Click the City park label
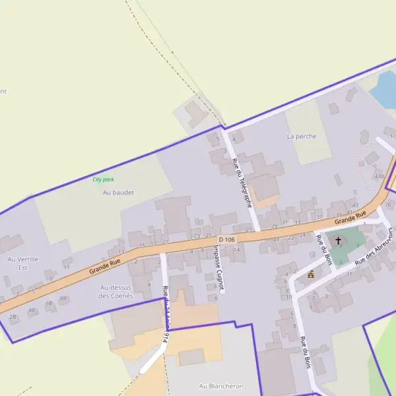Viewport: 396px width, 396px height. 104,180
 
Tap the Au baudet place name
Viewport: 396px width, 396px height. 118,193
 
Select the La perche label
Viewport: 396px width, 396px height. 302,137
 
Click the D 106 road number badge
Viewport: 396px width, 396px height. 226,239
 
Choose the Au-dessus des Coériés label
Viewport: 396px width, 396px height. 115,292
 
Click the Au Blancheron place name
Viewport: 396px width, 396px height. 221,385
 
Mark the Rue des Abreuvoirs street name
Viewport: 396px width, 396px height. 374,248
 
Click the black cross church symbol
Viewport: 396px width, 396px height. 339,240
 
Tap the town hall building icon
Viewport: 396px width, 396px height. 310,274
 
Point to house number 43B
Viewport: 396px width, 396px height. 379,176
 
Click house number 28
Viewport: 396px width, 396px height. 13,317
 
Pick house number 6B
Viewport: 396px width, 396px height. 49,303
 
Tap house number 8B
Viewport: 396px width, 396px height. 63,298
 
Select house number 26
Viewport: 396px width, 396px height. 388,205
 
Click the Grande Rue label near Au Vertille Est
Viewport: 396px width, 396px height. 105,266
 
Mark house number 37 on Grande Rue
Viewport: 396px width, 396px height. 319,216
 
